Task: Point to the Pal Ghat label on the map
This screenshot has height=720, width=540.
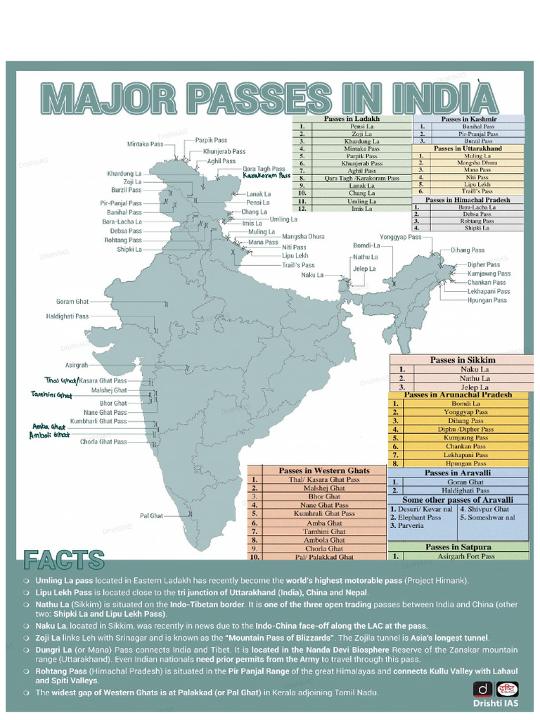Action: [151, 516]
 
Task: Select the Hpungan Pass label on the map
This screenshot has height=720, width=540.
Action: [487, 300]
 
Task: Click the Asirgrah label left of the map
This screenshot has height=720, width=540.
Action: [77, 366]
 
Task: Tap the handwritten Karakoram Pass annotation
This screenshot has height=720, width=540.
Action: [266, 176]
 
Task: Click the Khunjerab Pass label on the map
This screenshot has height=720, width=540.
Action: [224, 151]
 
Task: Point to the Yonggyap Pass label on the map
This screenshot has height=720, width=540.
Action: [400, 237]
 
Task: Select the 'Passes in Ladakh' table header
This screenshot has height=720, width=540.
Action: [352, 119]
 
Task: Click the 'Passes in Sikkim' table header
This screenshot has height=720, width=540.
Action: [463, 360]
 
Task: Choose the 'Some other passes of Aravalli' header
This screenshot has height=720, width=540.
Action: [458, 499]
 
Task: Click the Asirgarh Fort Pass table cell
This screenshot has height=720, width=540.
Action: [466, 556]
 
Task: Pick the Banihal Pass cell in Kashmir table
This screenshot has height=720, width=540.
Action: [478, 127]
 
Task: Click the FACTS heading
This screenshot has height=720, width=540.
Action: [64, 560]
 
